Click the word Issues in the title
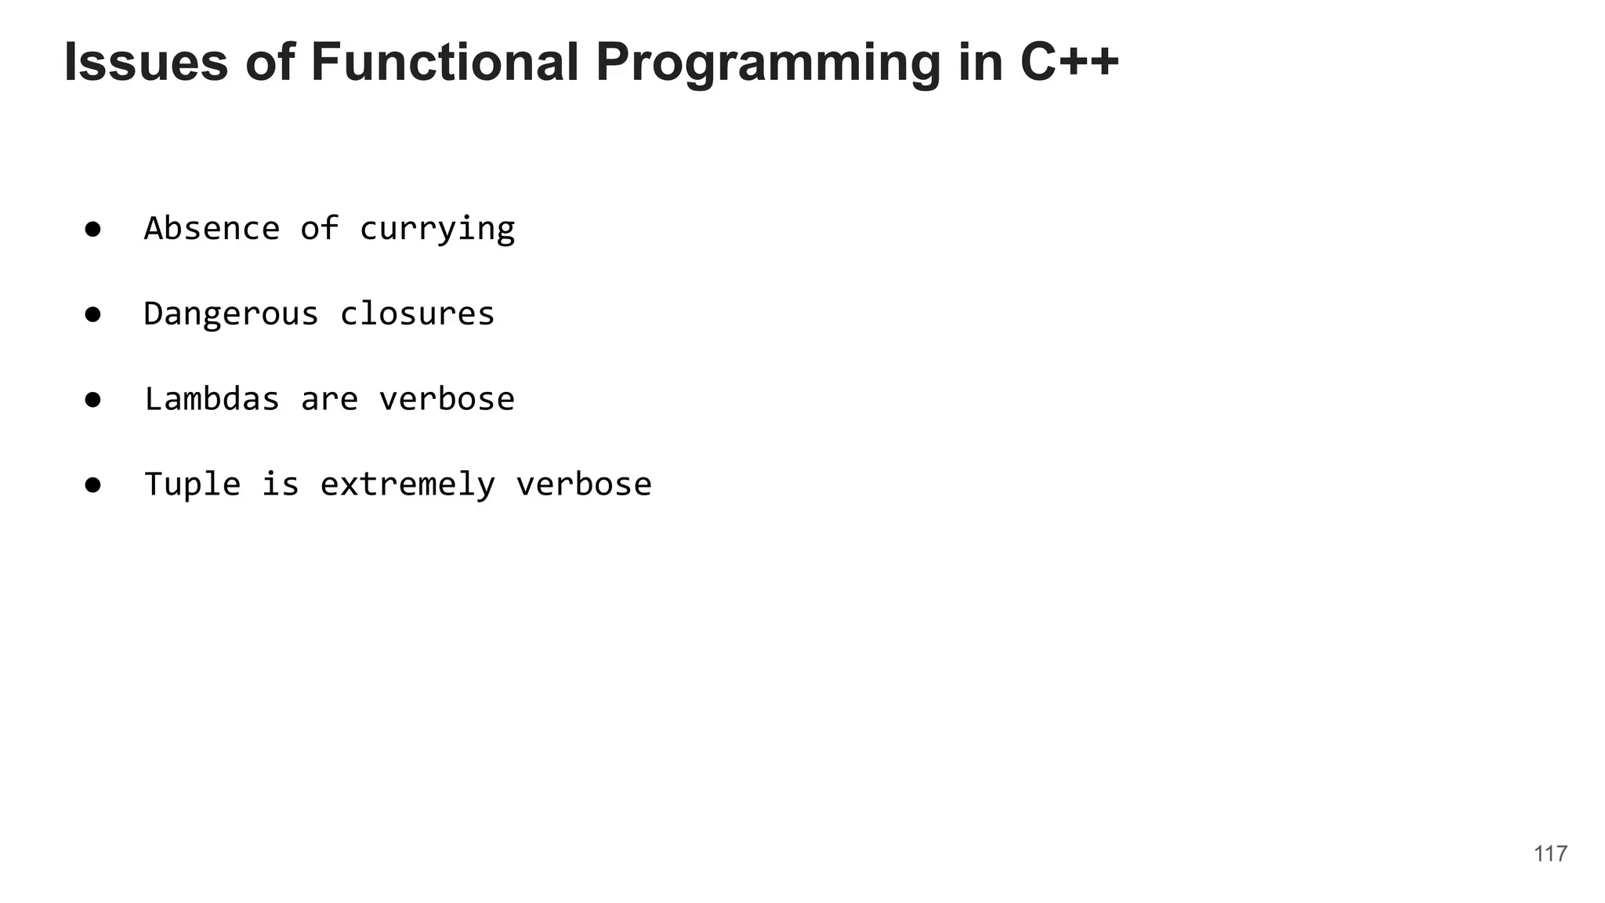tap(146, 62)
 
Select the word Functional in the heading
tap(444, 62)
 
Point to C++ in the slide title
tap(1069, 62)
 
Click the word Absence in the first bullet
tap(212, 229)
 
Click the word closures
tap(417, 314)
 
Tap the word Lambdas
tap(212, 399)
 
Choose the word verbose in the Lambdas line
tap(447, 399)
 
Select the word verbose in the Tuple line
tap(584, 484)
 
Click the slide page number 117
tap(1550, 854)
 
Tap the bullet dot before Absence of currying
tap(93, 230)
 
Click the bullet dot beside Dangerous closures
tap(93, 315)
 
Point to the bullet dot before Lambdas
tap(93, 400)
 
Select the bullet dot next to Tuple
tap(93, 485)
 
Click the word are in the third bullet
tap(329, 400)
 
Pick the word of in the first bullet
tap(320, 229)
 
